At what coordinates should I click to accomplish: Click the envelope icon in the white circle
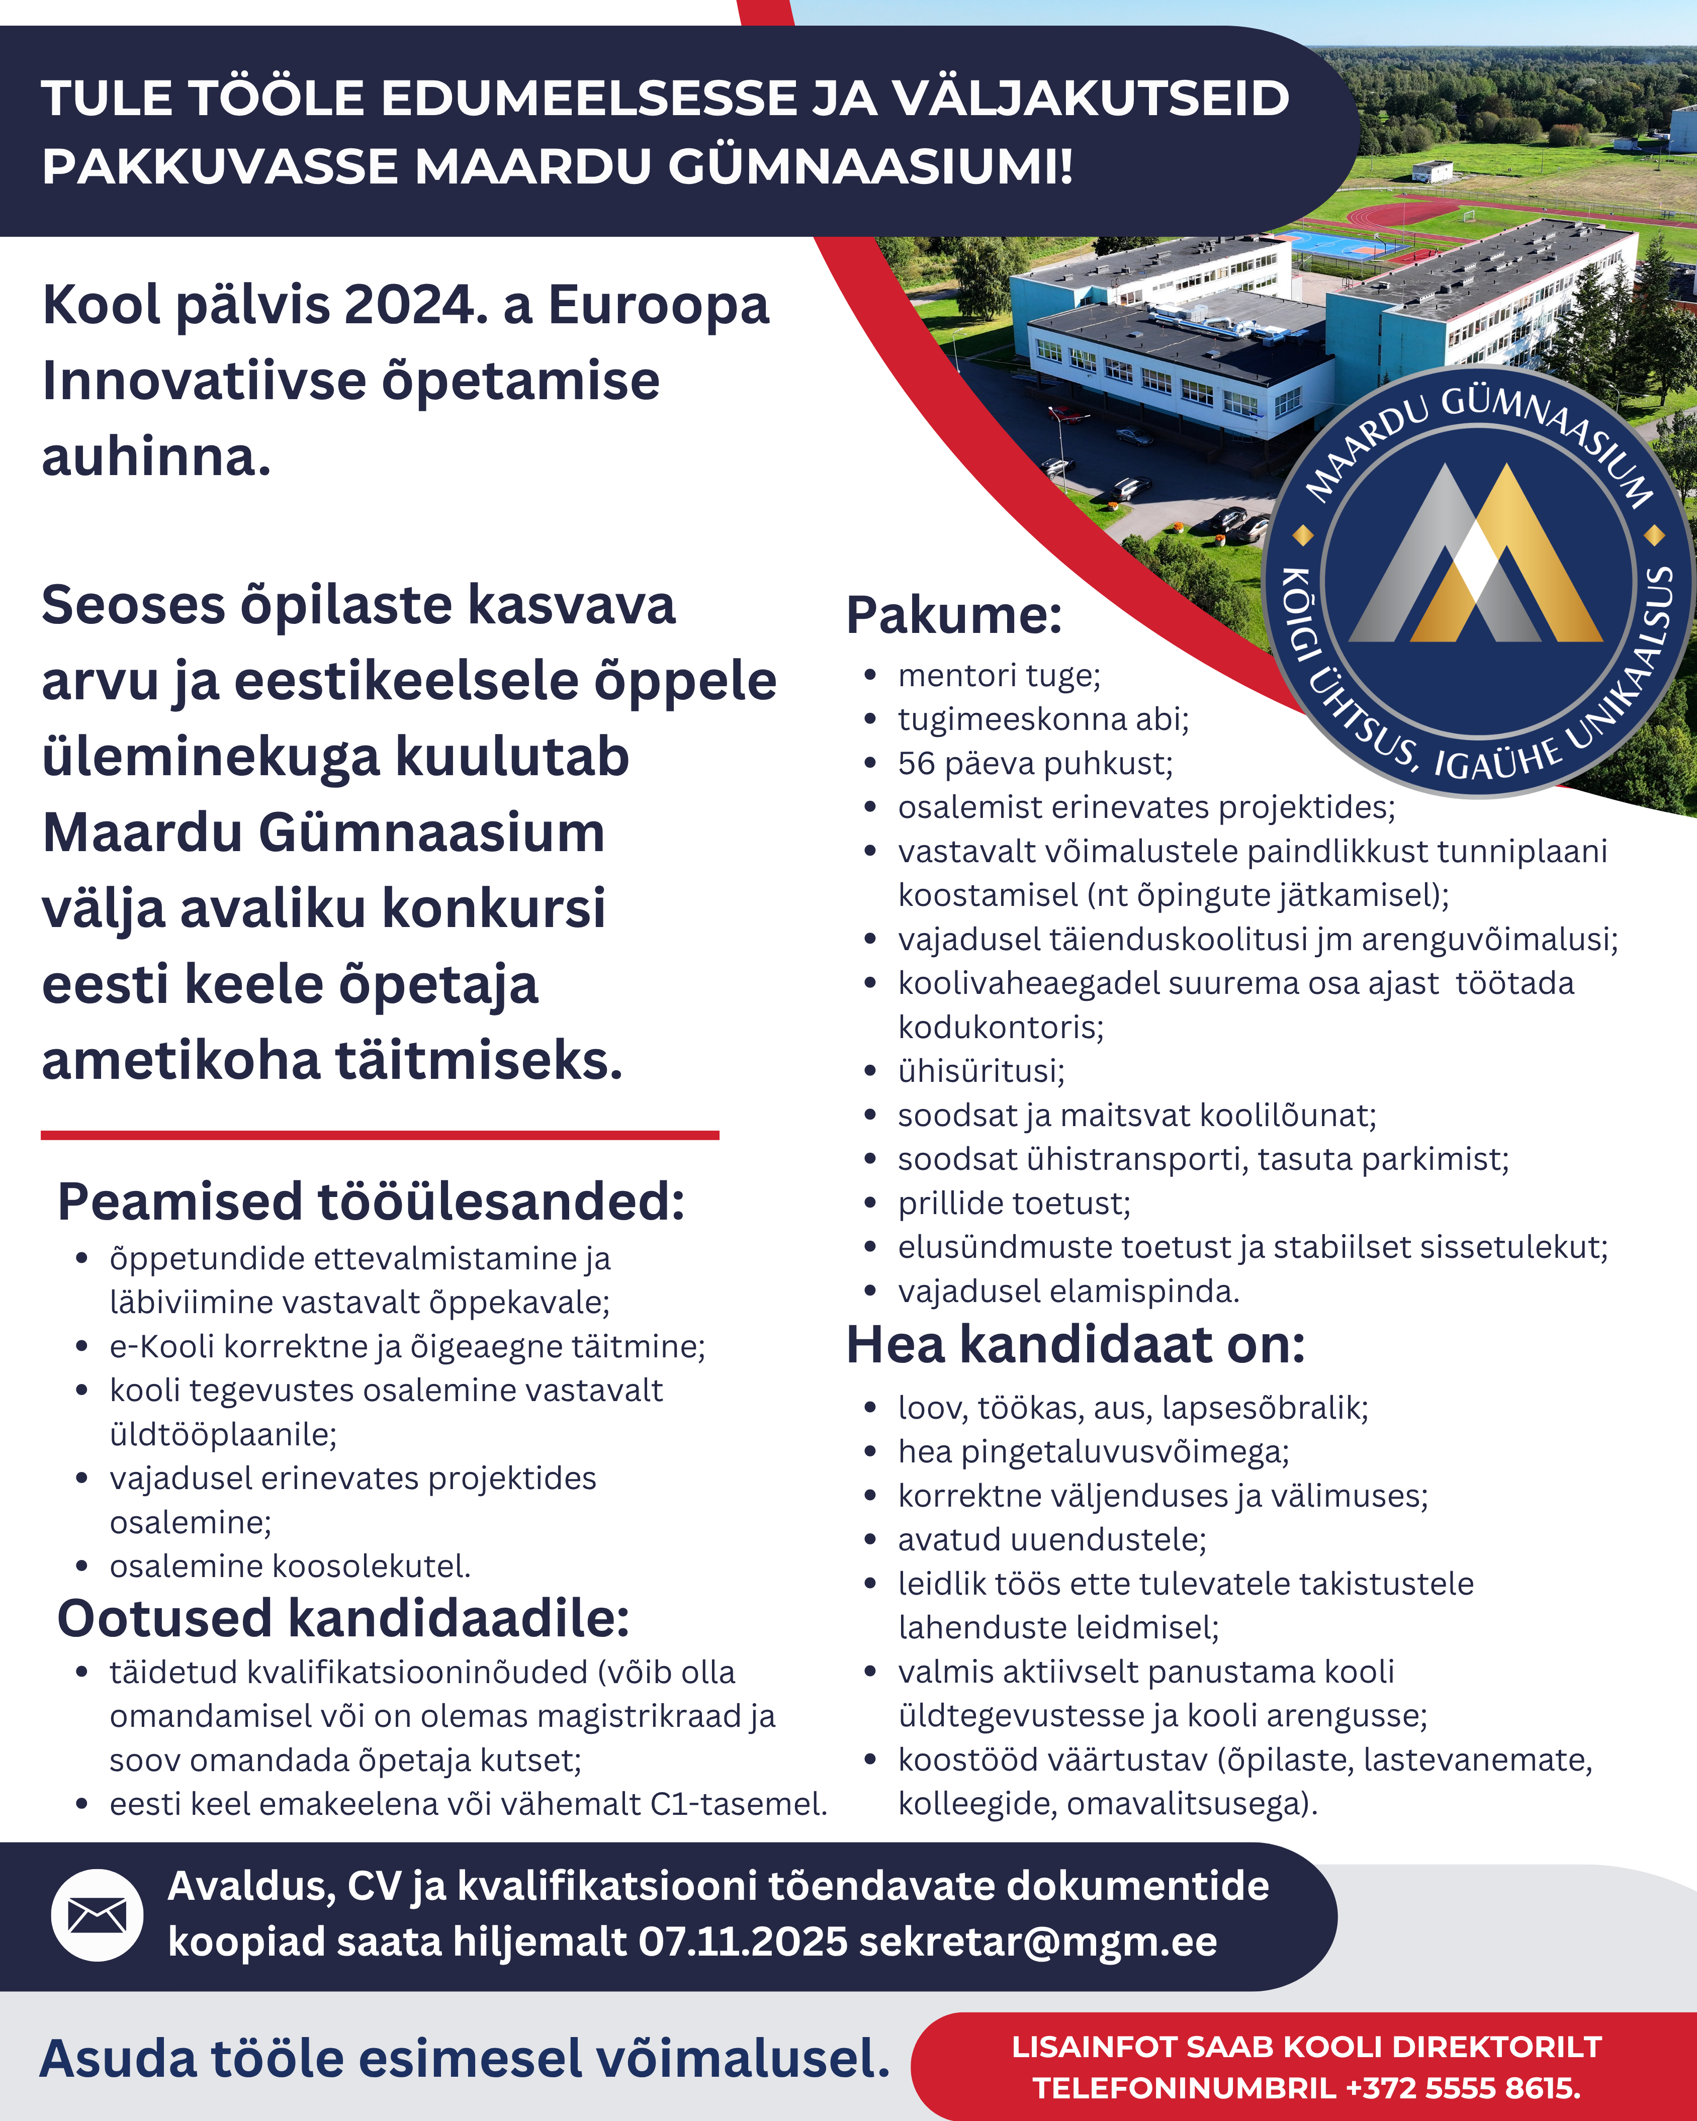97,1914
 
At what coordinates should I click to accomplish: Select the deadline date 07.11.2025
743,1942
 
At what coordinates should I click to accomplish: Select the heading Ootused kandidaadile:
343,1618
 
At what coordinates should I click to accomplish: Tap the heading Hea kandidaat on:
1075,1345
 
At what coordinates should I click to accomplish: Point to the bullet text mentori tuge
999,676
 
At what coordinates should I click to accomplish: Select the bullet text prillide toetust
1013,1203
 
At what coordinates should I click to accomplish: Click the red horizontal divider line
380,1135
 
